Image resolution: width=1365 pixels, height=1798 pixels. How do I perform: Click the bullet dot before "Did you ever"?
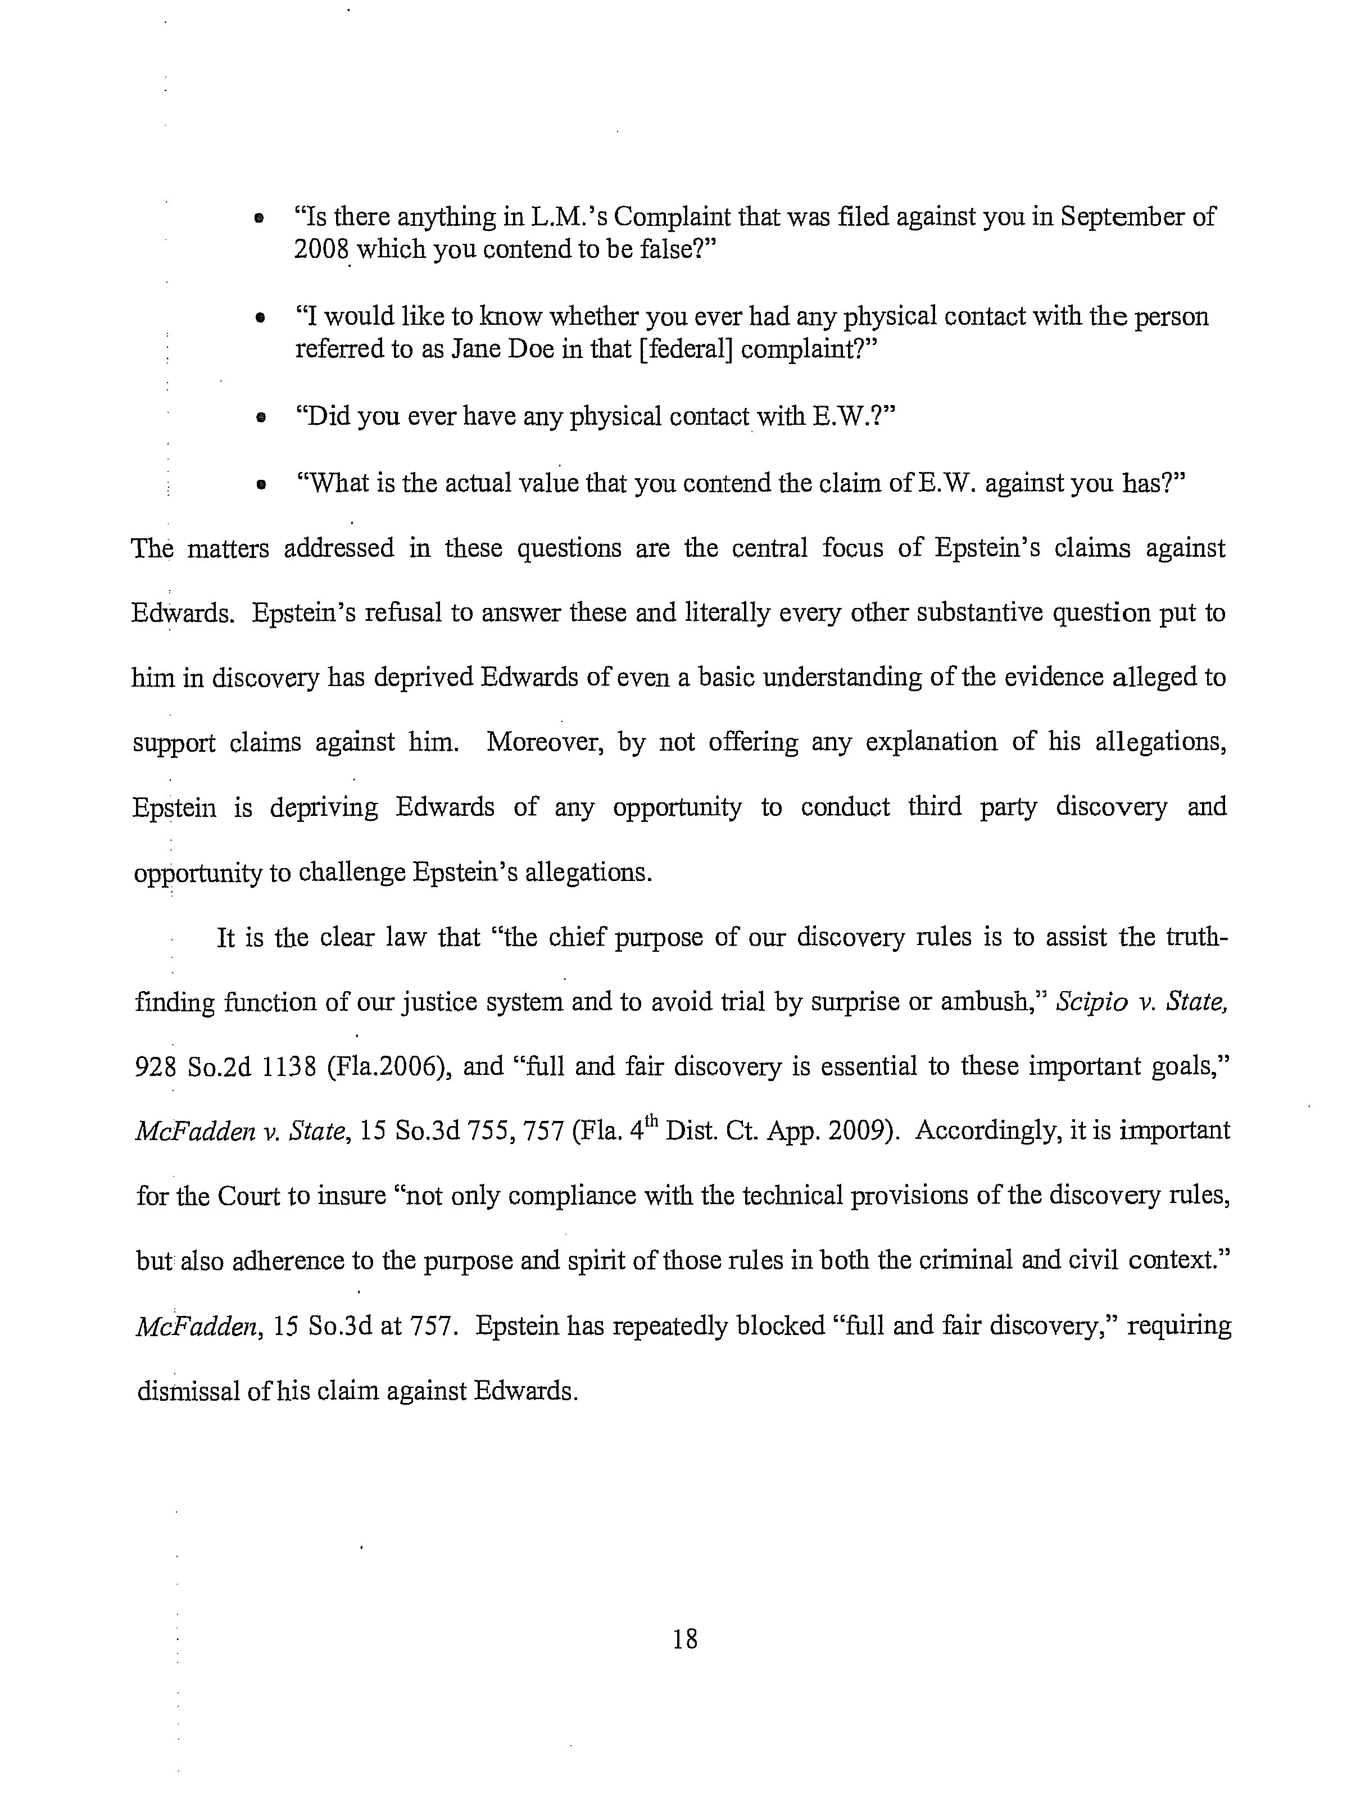pos(260,418)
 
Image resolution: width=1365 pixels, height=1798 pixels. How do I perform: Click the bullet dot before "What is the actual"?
pos(260,485)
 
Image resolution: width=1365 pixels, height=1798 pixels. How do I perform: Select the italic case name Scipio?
pos(1087,1002)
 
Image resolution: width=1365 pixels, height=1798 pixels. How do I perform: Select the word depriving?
pos(324,808)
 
